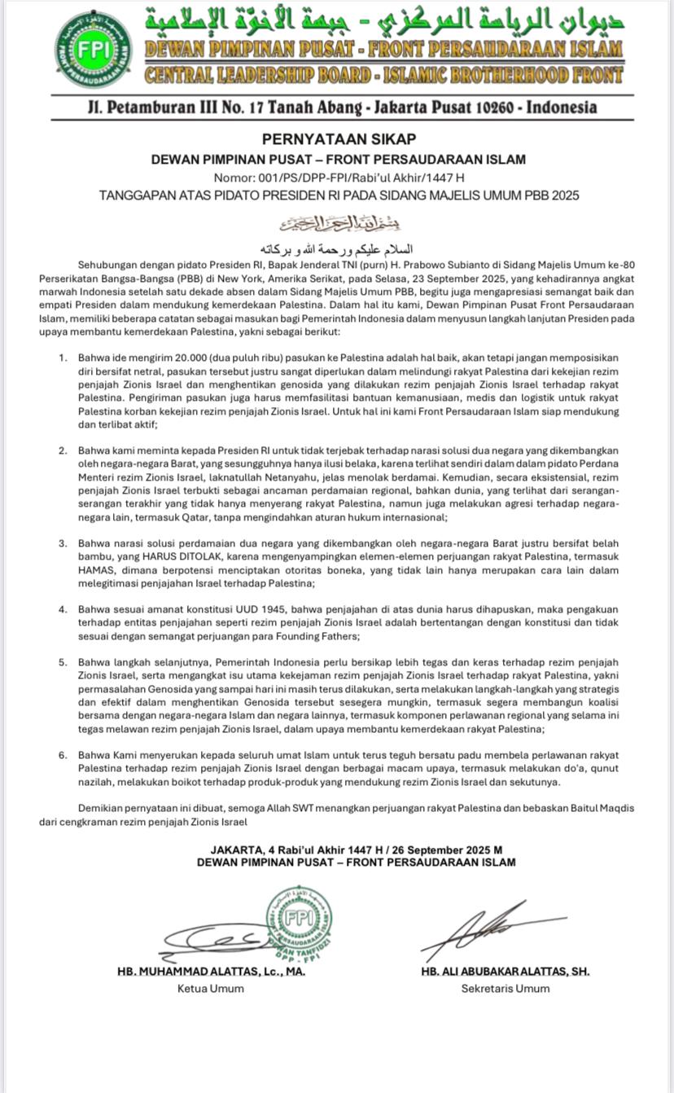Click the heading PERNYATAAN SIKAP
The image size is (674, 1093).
pos(339,139)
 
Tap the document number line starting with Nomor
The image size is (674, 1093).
pos(339,178)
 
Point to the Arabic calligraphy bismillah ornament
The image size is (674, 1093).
pos(339,222)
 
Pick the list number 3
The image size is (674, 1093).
pos(63,543)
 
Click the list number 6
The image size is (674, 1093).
pos(63,755)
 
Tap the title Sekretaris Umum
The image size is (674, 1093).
pos(505,989)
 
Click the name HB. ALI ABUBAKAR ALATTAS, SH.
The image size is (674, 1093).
pos(505,972)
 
